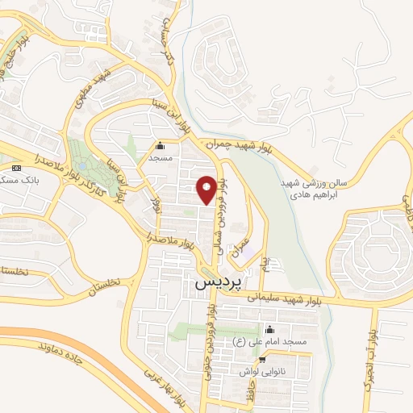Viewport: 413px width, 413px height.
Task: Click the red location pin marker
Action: (206, 189)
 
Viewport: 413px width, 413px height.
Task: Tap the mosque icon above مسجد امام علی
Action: (269, 330)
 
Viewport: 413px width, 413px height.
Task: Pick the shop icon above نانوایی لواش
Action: (263, 359)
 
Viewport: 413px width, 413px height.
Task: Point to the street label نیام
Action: (264, 263)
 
